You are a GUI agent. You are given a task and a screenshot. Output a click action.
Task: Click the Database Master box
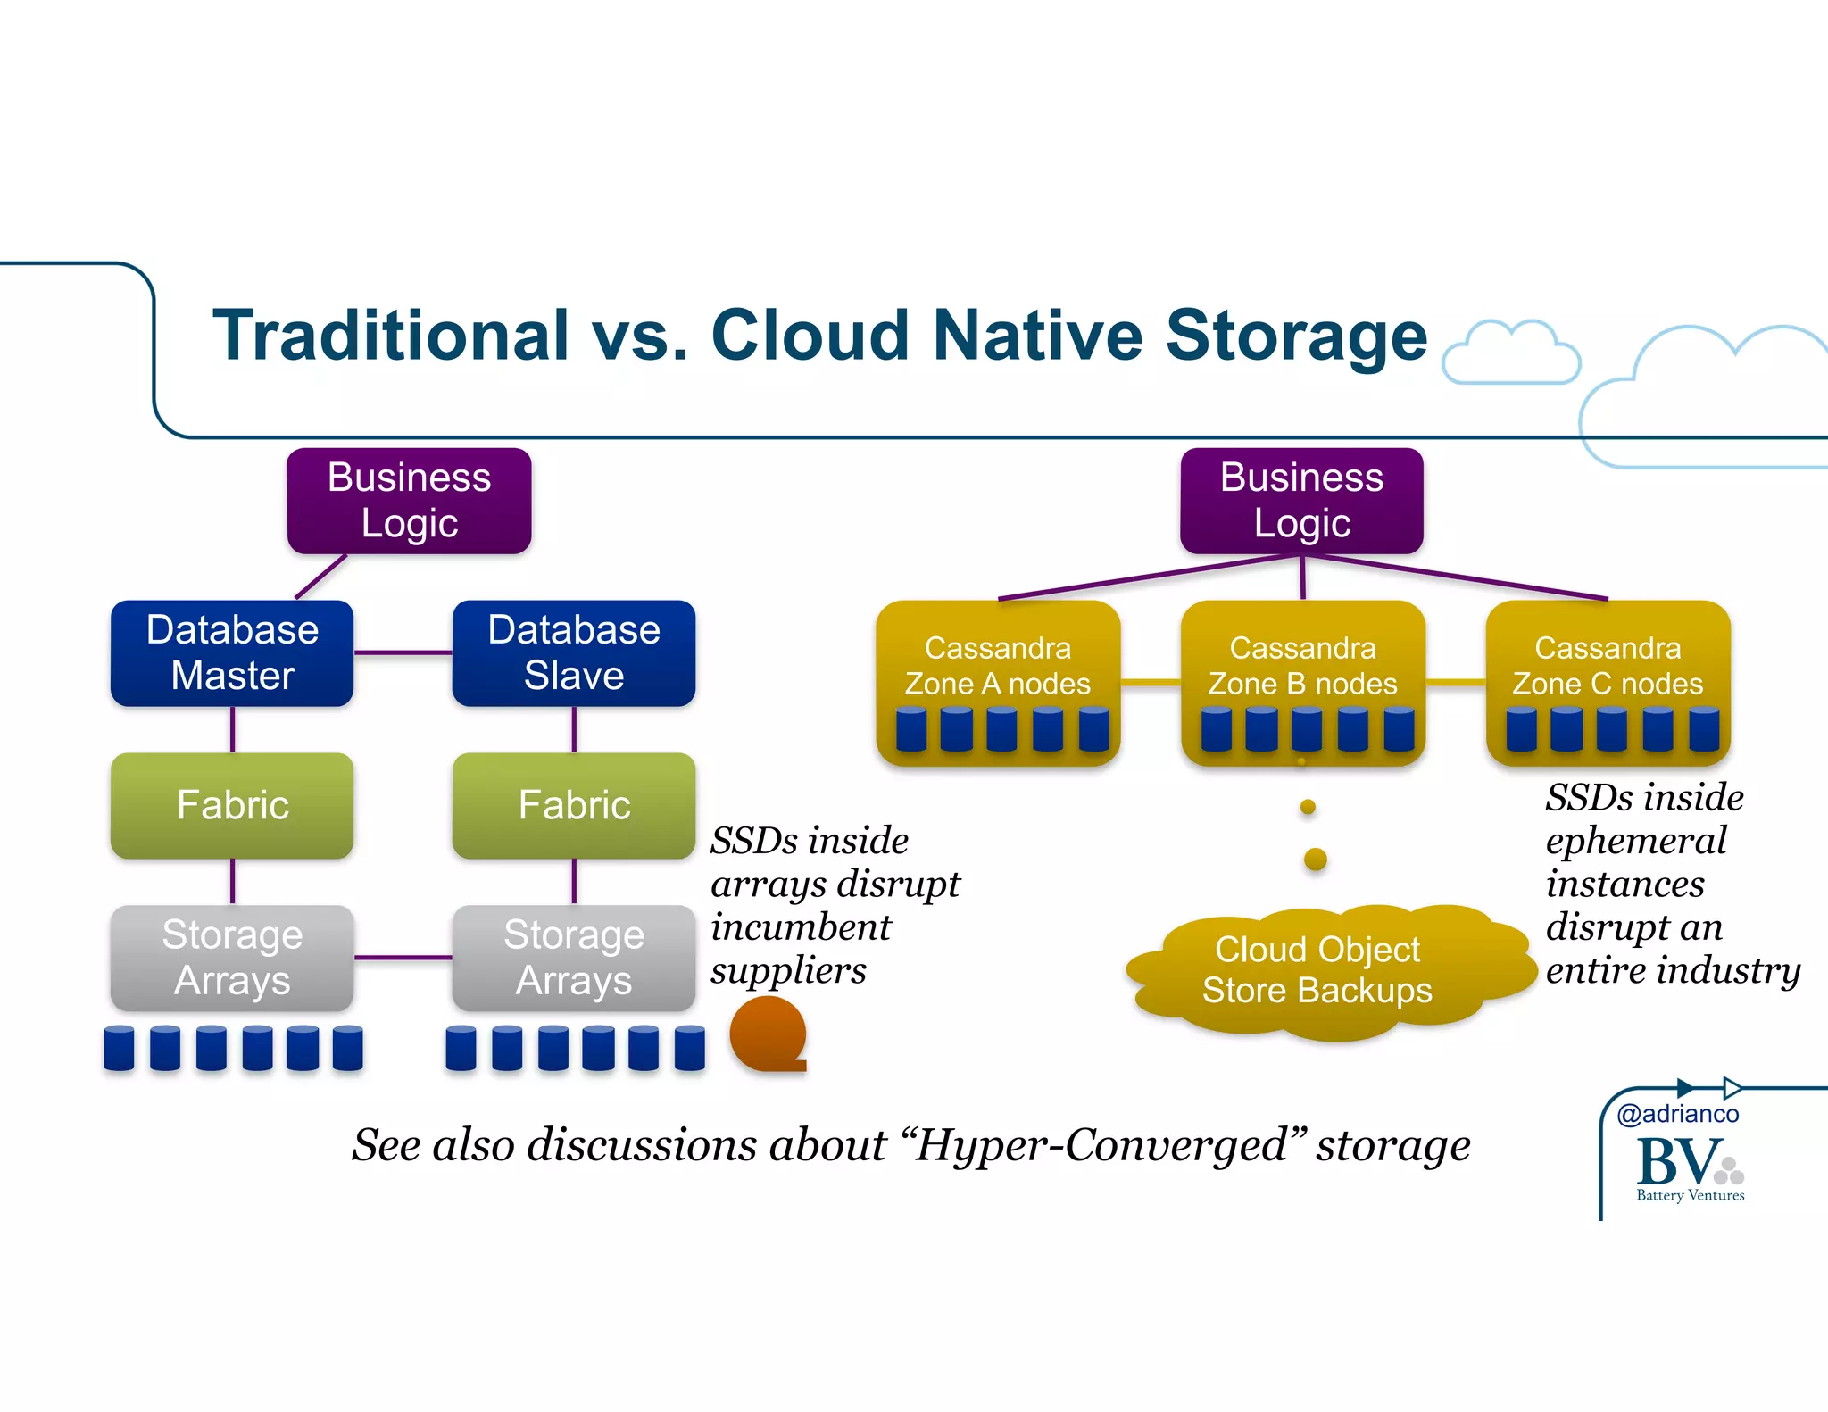click(232, 652)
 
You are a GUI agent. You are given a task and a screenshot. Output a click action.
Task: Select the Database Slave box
click(573, 652)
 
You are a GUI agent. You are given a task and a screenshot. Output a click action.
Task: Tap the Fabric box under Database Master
click(232, 805)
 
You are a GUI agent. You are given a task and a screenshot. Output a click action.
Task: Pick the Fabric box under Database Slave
click(573, 805)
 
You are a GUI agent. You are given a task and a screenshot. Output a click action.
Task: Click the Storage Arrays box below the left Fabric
click(232, 957)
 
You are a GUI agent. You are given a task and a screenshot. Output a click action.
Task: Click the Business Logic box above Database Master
click(409, 500)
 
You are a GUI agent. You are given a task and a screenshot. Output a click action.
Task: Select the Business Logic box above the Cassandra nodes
click(1301, 500)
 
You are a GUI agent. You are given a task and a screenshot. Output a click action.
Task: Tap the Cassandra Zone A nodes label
click(997, 666)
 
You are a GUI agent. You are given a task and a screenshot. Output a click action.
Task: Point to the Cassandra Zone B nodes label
click(1302, 666)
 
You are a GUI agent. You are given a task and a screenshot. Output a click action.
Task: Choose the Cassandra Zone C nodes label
click(1608, 666)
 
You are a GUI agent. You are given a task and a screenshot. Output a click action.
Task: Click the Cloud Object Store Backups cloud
click(1317, 970)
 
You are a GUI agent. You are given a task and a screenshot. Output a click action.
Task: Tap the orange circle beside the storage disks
click(767, 1034)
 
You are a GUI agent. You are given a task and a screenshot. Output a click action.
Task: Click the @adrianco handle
click(1677, 1114)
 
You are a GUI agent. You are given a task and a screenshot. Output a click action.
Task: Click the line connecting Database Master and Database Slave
click(403, 652)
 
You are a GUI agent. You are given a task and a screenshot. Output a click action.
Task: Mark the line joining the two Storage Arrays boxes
click(403, 958)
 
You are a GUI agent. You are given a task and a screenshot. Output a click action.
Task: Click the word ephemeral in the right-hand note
click(1635, 841)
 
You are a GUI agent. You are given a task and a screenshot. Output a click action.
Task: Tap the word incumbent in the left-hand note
click(801, 927)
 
